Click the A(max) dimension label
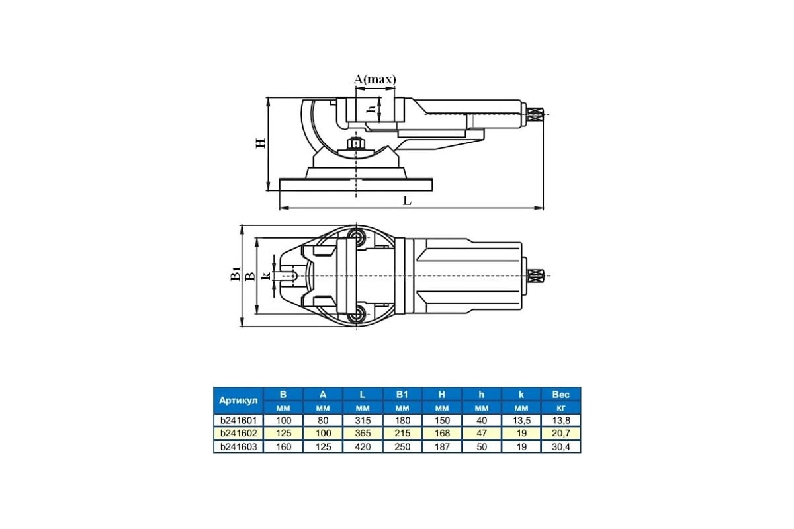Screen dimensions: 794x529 [x=375, y=79]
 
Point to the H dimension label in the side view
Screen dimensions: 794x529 [x=261, y=143]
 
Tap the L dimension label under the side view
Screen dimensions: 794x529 [x=408, y=201]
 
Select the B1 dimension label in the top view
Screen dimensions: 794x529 [x=236, y=274]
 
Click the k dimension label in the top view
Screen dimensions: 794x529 [x=266, y=275]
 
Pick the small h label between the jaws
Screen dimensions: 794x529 [x=371, y=109]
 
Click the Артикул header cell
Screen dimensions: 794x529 [x=238, y=401]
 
